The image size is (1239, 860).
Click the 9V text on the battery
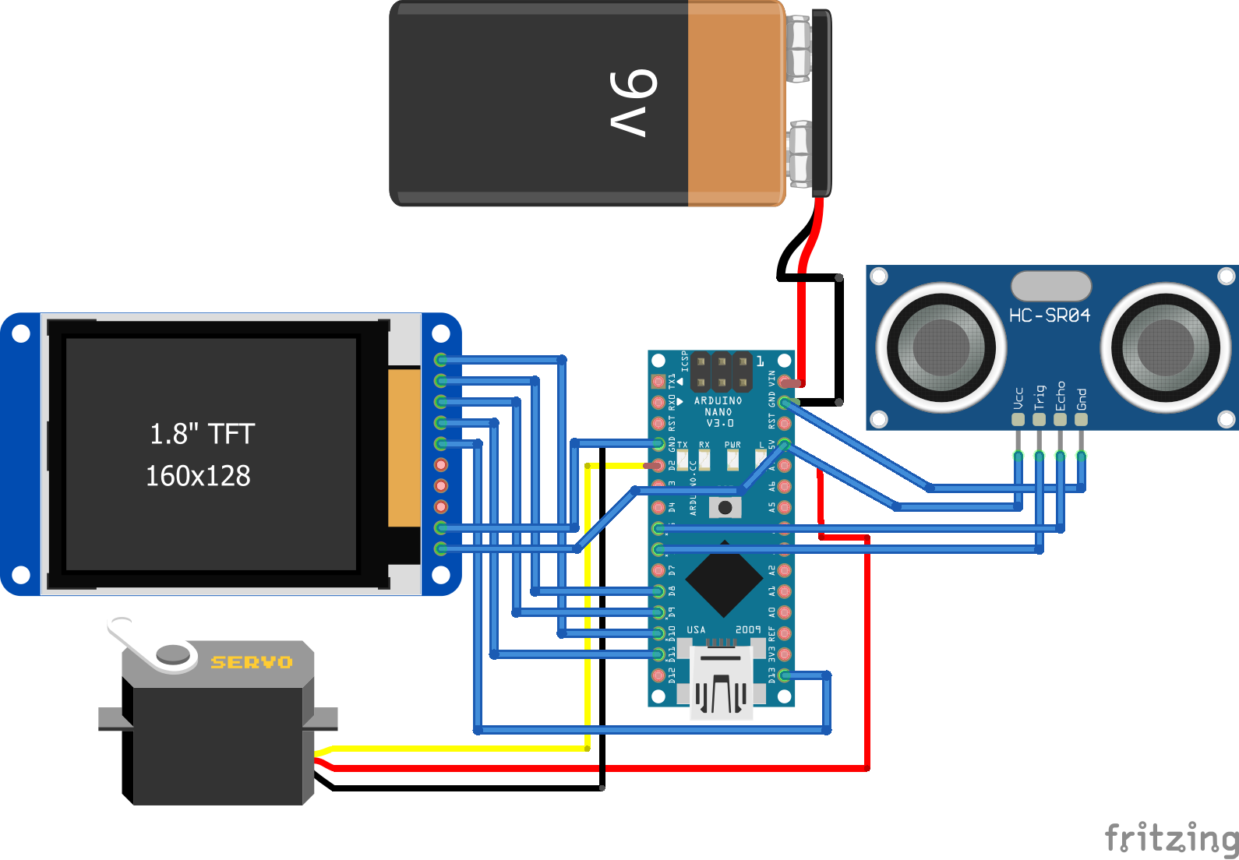[633, 103]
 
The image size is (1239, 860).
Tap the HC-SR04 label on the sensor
[1049, 315]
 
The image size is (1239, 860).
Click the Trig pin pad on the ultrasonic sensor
[1039, 419]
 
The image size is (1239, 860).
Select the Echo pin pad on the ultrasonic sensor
[1060, 419]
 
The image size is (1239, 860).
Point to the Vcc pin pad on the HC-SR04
[1018, 419]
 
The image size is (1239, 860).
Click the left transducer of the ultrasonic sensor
[941, 347]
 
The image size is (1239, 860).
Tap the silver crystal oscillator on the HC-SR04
[1050, 286]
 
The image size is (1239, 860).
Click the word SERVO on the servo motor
[252, 662]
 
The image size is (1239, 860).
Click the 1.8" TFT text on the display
[202, 434]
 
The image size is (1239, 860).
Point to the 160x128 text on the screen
[198, 475]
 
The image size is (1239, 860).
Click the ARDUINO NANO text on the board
[718, 406]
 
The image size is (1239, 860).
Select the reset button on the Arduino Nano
[725, 508]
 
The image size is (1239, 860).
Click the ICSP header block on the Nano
[722, 372]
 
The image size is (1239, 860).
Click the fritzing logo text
[1171, 838]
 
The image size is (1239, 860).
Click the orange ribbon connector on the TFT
[404, 447]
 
